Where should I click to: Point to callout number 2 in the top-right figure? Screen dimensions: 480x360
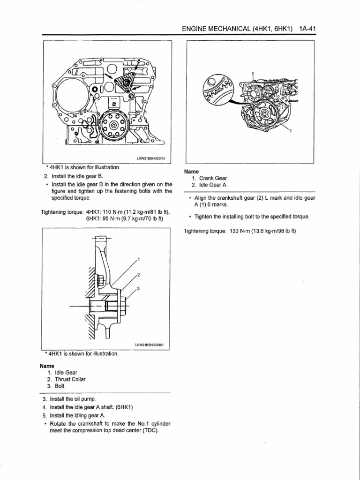(x=253, y=73)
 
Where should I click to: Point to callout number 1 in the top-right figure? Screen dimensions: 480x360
(x=290, y=131)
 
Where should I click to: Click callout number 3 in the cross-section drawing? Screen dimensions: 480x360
(x=138, y=288)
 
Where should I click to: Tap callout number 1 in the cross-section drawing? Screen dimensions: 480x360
(x=138, y=259)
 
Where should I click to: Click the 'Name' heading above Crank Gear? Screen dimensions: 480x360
(x=192, y=172)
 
